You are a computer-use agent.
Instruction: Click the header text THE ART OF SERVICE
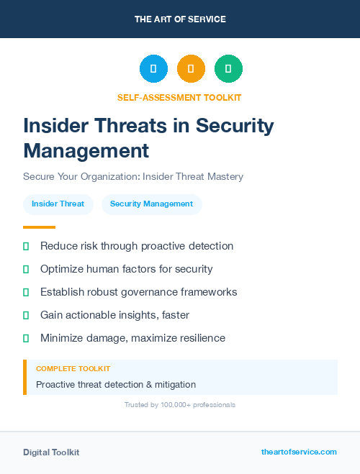tap(180, 19)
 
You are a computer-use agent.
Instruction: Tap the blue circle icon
tap(153, 69)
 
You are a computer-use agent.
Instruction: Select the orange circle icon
tap(191, 69)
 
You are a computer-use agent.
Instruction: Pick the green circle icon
tap(228, 69)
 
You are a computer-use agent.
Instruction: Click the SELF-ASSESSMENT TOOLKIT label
tap(179, 97)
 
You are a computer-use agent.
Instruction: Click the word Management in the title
tap(86, 150)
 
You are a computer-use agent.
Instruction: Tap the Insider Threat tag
tap(58, 204)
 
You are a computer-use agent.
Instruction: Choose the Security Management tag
tap(151, 204)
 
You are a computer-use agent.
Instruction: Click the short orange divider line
tap(39, 227)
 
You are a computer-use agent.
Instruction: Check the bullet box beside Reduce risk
tap(26, 247)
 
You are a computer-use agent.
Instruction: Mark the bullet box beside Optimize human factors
tap(26, 270)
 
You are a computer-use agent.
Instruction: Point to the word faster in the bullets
tap(175, 315)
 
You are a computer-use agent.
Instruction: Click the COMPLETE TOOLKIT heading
tap(73, 369)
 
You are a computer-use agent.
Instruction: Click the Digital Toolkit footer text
tap(51, 452)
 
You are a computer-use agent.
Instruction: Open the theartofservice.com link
tap(299, 452)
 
